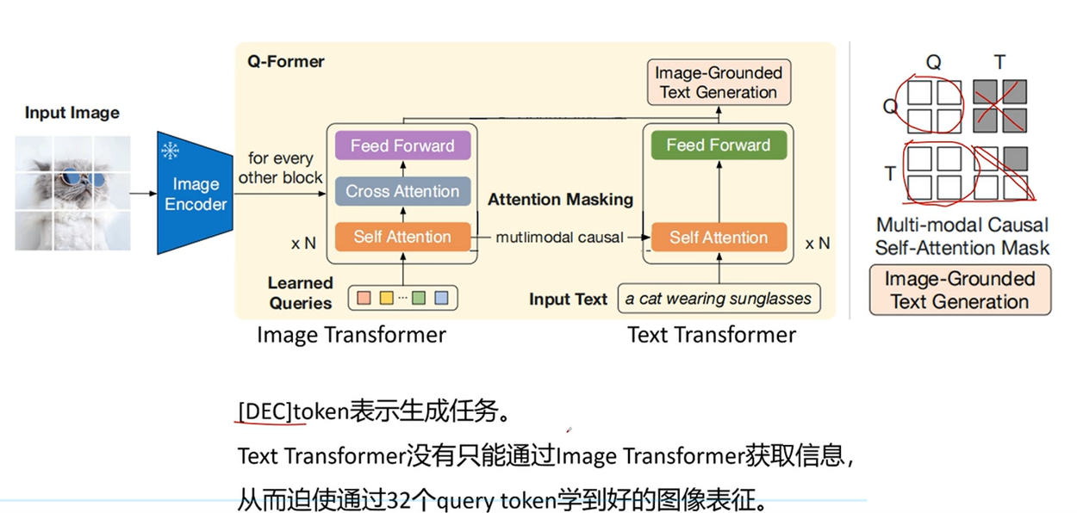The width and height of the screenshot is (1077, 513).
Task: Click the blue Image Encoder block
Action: pos(195,194)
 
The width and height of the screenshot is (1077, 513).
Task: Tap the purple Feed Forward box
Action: pos(402,145)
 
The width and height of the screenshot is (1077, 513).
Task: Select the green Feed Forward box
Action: pos(718,145)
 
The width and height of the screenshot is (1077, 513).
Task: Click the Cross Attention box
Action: pos(402,191)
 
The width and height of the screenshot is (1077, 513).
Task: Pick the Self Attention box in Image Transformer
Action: pos(402,237)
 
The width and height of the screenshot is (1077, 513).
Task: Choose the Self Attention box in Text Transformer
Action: pos(718,237)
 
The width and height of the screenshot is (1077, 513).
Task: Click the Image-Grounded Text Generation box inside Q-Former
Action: pos(718,83)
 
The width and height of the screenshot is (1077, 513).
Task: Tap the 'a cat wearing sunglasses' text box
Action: pos(719,299)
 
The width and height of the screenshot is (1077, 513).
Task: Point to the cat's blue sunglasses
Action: pos(81,181)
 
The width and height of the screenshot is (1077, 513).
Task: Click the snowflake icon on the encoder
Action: pos(171,151)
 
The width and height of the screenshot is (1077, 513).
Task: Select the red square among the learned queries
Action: pos(364,298)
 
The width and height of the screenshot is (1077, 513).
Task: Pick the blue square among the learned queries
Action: pos(441,298)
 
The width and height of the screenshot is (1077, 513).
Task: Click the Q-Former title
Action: pos(286,61)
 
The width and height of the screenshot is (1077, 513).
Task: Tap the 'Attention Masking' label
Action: pos(560,200)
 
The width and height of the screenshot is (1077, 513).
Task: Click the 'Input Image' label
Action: pos(72,113)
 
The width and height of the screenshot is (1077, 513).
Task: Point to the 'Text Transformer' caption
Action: pos(711,335)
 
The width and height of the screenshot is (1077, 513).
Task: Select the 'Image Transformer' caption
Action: pos(351,335)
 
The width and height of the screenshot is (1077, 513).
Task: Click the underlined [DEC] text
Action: pos(265,412)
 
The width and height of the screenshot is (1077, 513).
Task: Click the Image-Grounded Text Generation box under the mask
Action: pos(959,290)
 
